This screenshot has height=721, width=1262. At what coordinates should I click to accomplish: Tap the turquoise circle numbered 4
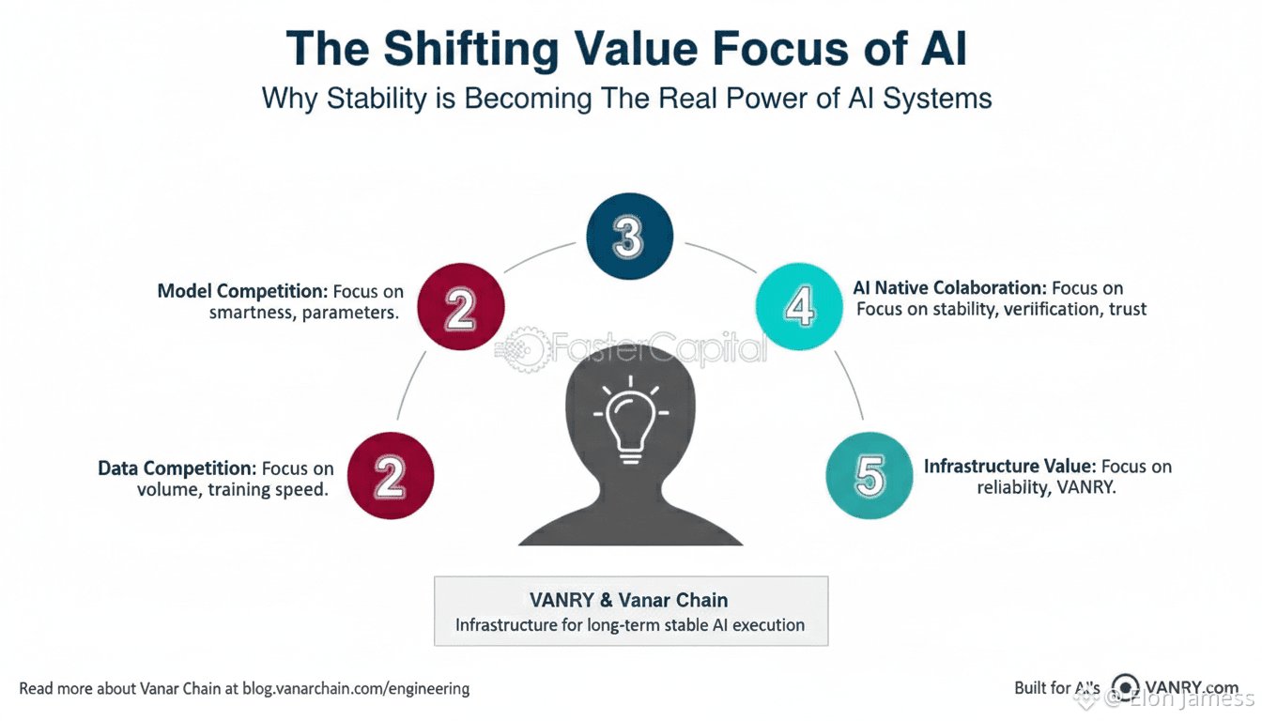pyautogui.click(x=800, y=307)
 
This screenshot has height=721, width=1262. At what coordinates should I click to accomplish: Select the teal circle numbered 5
pyautogui.click(x=870, y=477)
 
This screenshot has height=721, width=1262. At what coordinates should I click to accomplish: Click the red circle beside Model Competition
pyautogui.click(x=460, y=307)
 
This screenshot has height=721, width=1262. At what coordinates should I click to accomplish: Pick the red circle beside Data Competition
pyautogui.click(x=391, y=477)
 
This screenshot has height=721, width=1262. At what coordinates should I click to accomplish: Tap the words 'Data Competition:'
pyautogui.click(x=177, y=468)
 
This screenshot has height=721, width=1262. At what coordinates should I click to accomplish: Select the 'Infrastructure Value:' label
pyautogui.click(x=1009, y=467)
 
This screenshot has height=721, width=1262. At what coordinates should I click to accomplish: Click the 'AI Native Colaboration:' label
pyautogui.click(x=949, y=288)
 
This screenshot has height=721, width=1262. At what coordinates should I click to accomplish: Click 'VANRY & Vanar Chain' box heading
pyautogui.click(x=630, y=600)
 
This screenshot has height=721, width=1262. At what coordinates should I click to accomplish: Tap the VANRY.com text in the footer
pyautogui.click(x=1192, y=687)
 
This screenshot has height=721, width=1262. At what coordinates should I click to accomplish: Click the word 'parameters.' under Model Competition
pyautogui.click(x=351, y=313)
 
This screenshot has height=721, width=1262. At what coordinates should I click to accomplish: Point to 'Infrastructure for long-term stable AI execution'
pyautogui.click(x=630, y=624)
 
